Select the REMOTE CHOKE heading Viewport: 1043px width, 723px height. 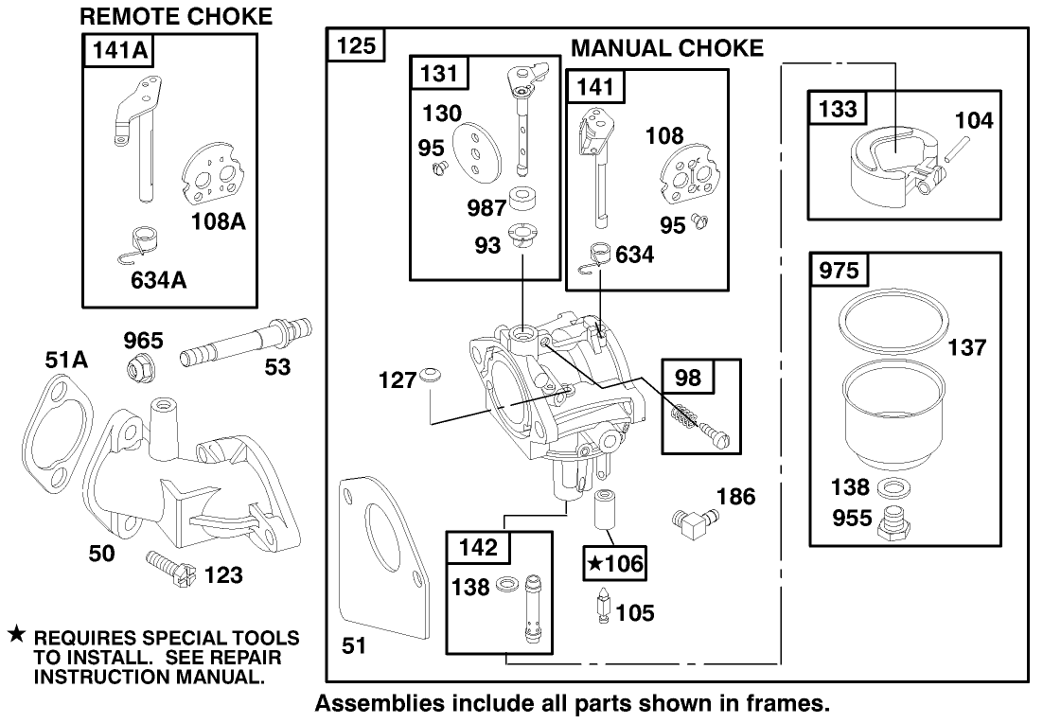pyautogui.click(x=176, y=16)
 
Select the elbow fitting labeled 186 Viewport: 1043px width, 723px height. pyautogui.click(x=696, y=519)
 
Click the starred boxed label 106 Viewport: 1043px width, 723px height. pyautogui.click(x=616, y=565)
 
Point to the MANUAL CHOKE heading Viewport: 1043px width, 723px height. pyautogui.click(x=667, y=48)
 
